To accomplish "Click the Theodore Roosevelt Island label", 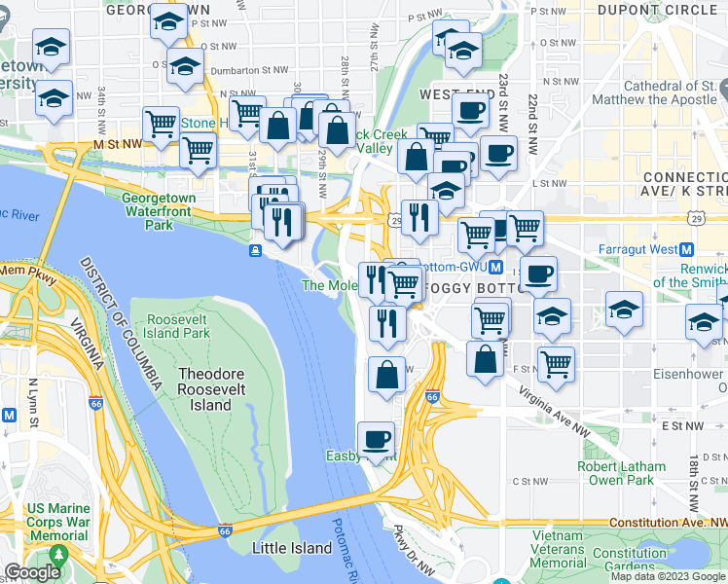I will click(x=205, y=389).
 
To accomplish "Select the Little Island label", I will click(x=292, y=548).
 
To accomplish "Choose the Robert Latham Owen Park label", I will click(x=622, y=473).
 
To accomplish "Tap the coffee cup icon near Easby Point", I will click(x=376, y=439).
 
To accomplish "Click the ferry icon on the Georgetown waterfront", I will click(x=255, y=251).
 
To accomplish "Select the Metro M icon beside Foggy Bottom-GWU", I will click(x=495, y=267).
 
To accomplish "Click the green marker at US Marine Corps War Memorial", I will click(x=58, y=554).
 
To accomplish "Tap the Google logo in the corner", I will click(x=32, y=572).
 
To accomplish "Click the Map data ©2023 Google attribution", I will click(x=668, y=576).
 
